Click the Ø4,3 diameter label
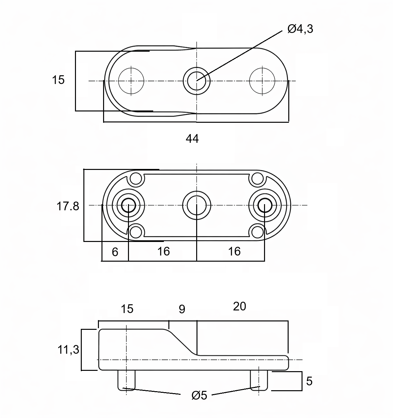pos(300,29)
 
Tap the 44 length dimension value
pos(192,139)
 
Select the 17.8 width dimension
pos(68,206)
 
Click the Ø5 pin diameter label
pos(199,395)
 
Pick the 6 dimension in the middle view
pos(115,252)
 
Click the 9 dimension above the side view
pos(182,309)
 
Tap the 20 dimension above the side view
pos(239,307)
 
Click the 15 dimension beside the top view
pos(58,80)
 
